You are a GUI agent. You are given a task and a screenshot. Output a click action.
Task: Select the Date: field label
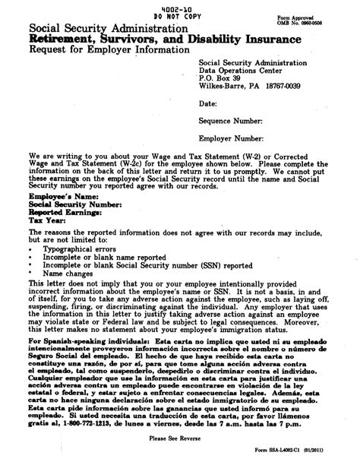(208, 102)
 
